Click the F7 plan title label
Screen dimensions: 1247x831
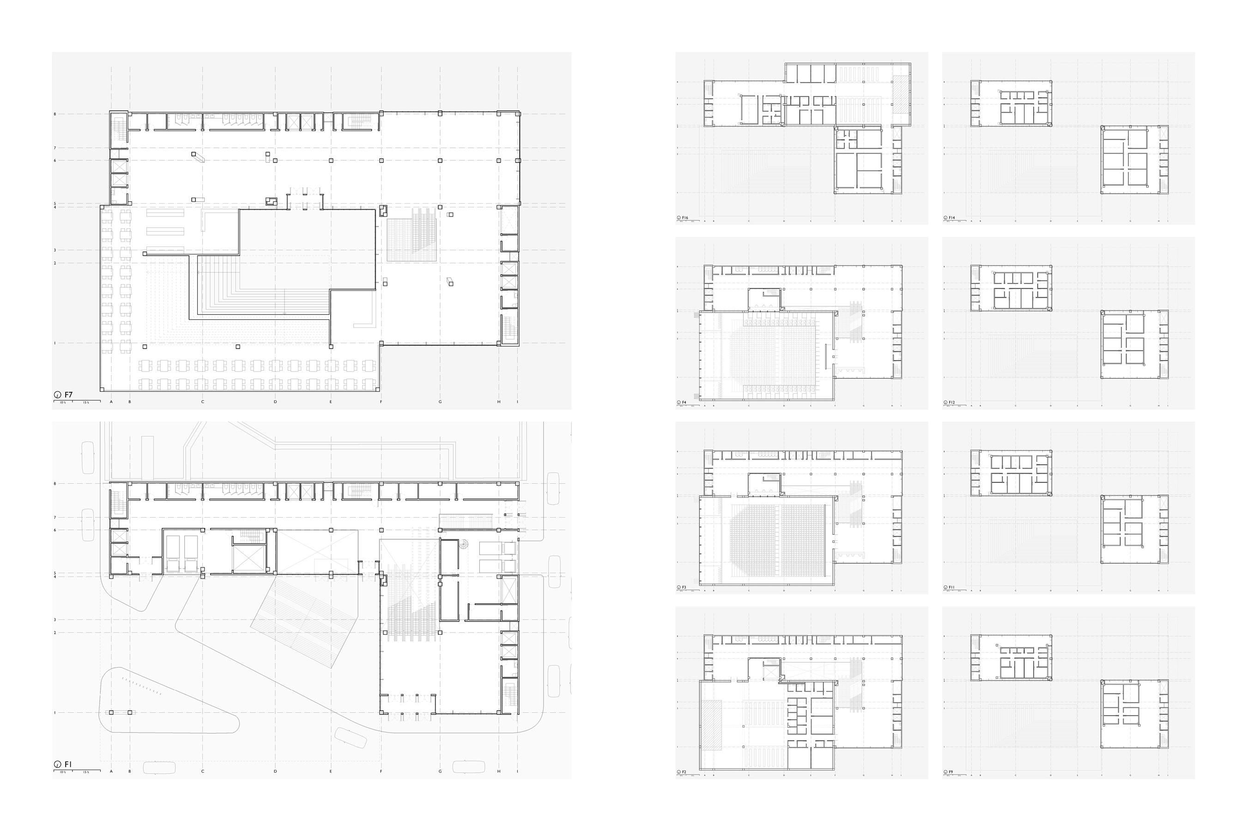tap(68, 395)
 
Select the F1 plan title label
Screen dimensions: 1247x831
tap(68, 764)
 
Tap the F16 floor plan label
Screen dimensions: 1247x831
tap(685, 218)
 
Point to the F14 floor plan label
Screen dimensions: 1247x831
tap(952, 218)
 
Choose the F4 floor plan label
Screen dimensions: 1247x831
tap(684, 403)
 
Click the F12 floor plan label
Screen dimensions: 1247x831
tap(952, 403)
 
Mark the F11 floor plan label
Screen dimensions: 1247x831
tap(952, 588)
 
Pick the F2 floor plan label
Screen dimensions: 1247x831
tap(684, 772)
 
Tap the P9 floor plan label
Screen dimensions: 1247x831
tap(951, 772)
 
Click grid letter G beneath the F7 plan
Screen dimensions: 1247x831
tap(440, 402)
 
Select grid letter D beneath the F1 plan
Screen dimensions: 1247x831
tap(275, 771)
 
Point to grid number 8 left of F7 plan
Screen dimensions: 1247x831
tap(54, 114)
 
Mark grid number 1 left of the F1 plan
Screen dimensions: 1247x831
tap(54, 713)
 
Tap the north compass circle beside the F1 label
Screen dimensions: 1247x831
tap(57, 765)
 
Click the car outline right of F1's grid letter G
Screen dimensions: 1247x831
tap(469, 767)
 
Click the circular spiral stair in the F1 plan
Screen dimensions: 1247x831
tap(465, 544)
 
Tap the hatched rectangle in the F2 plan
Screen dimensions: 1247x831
tap(711, 725)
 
